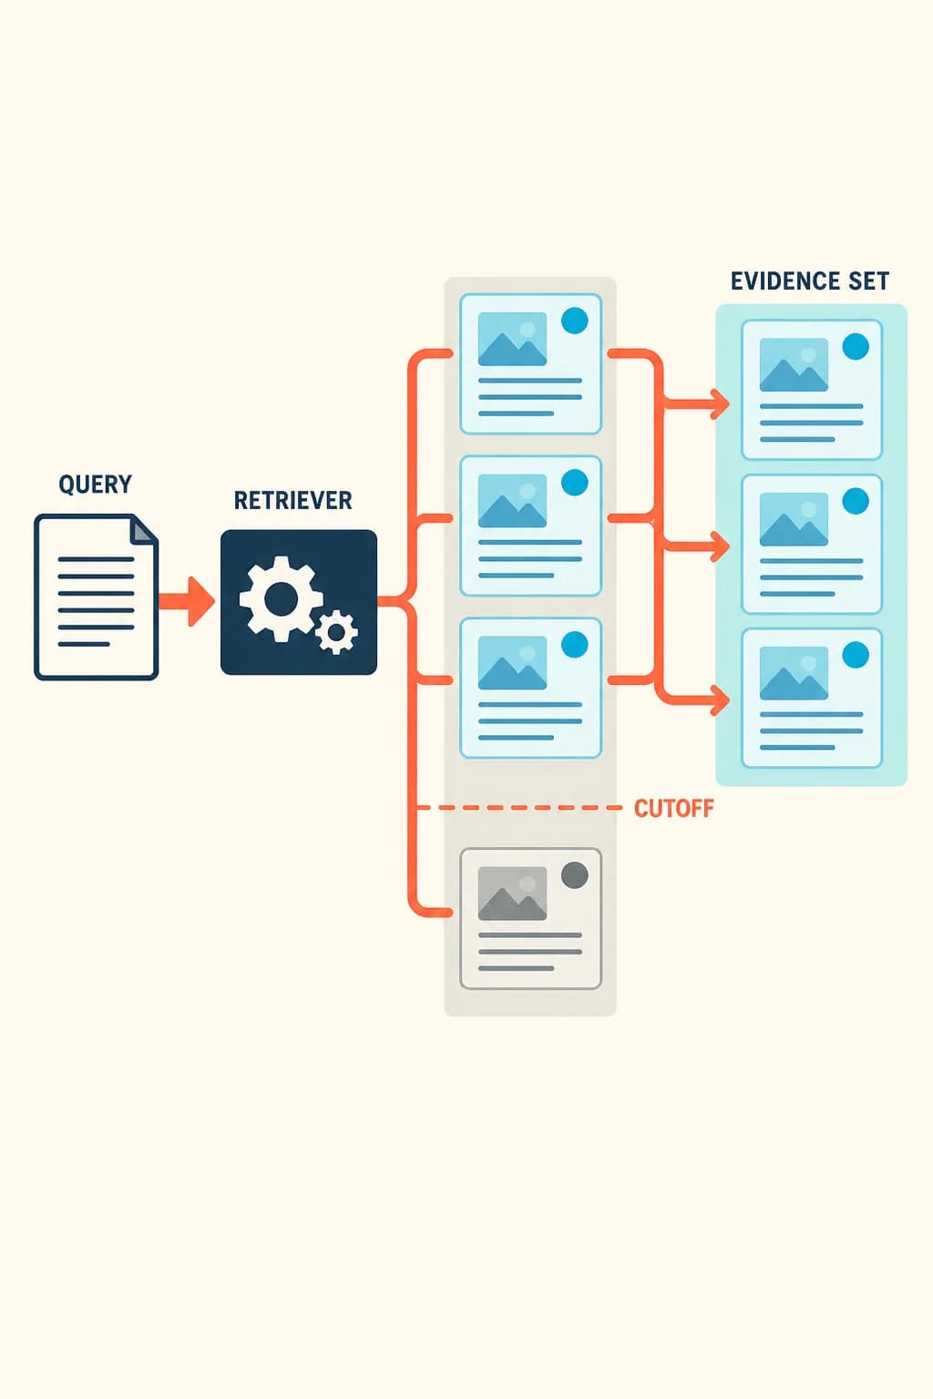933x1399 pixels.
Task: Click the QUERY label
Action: tap(95, 484)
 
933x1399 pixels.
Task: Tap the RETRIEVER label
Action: tap(292, 500)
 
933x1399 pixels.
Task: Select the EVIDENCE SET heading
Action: tap(810, 281)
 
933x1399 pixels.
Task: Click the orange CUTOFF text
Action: tap(673, 808)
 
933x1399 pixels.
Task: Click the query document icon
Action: tap(97, 597)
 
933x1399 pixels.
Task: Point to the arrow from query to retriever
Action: tap(186, 601)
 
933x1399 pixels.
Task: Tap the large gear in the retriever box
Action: tap(282, 599)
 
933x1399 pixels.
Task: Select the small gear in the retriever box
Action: tap(337, 633)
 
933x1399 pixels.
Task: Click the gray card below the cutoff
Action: tap(530, 918)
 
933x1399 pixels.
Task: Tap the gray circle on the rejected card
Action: tap(574, 875)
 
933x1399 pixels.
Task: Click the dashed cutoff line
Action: tap(519, 808)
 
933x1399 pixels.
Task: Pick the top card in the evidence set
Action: tap(812, 390)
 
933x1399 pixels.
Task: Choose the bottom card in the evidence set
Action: tap(812, 699)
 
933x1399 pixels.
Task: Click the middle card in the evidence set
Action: tap(812, 544)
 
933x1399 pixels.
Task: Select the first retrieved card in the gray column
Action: tap(530, 363)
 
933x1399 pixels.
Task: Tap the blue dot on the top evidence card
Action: tap(856, 347)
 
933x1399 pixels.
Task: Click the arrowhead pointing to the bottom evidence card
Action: tap(721, 700)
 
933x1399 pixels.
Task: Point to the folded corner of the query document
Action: tap(143, 530)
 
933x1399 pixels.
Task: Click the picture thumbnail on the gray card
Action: tap(512, 894)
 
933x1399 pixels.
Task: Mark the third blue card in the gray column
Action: tap(530, 688)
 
